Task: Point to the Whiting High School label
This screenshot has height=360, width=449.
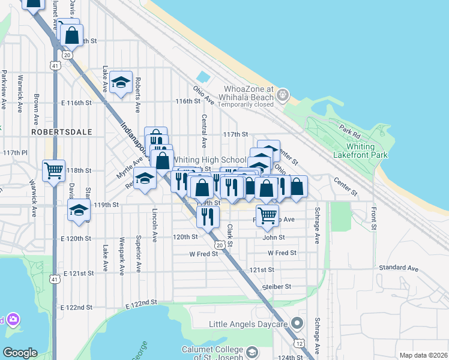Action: tap(208, 160)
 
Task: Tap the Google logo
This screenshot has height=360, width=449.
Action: tap(20, 352)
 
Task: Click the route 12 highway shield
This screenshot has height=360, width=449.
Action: tap(299, 343)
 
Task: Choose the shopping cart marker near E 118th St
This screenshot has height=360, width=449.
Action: tap(53, 171)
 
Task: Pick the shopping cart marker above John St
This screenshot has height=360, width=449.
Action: tap(267, 214)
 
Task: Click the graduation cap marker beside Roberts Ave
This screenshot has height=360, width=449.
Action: tap(121, 83)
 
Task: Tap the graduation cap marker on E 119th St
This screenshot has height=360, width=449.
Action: tap(79, 211)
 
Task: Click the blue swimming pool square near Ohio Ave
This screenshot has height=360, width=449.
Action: tap(203, 78)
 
